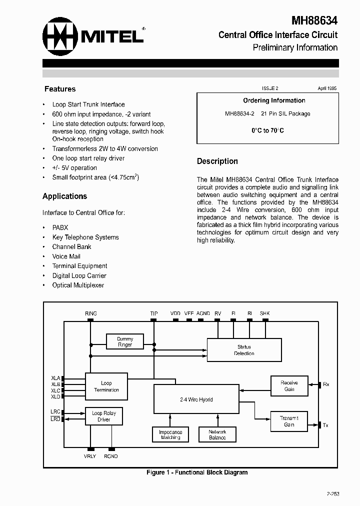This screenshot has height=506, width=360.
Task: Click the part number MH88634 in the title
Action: click(x=314, y=20)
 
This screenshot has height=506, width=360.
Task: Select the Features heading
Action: click(x=60, y=89)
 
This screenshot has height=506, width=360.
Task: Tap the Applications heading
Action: click(x=65, y=196)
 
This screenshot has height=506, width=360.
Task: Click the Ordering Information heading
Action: click(x=274, y=100)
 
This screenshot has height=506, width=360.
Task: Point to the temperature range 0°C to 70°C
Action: click(x=267, y=130)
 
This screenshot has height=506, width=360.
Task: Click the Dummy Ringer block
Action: click(x=125, y=342)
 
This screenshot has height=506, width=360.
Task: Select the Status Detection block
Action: click(x=244, y=350)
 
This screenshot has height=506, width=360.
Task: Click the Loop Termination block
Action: click(x=106, y=386)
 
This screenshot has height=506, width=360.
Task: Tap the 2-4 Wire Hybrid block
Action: click(x=196, y=399)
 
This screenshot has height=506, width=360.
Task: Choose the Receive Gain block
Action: click(x=289, y=385)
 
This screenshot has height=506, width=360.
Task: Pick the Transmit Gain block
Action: click(x=289, y=421)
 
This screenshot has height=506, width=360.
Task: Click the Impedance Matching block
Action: click(x=170, y=434)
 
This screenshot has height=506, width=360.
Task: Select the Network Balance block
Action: click(x=217, y=434)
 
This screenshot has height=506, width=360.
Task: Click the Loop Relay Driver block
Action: click(x=103, y=416)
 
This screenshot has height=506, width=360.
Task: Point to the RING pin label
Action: click(x=91, y=313)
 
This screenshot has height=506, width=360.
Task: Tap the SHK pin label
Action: click(x=264, y=313)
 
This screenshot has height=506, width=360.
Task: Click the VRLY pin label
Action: click(x=90, y=456)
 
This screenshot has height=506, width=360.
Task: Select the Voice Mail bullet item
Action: click(x=66, y=256)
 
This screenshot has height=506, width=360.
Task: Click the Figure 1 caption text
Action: click(x=196, y=472)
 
